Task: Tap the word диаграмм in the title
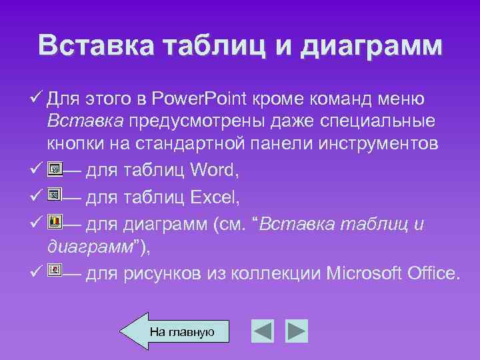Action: tap(372, 45)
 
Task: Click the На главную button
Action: tap(181, 331)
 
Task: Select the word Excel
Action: tap(215, 197)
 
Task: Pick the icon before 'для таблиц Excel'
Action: tap(55, 195)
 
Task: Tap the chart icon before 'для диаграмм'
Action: tap(55, 221)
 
